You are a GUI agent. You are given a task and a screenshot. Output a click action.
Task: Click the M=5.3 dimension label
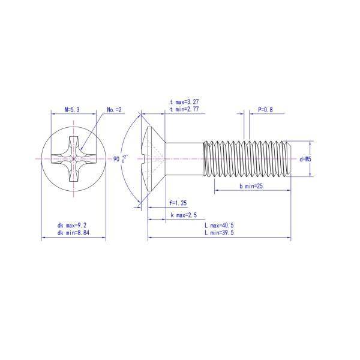click(x=72, y=110)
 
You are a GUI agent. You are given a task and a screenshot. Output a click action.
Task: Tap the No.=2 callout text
click(x=114, y=110)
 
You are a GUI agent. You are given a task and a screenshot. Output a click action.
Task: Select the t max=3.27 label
click(x=184, y=102)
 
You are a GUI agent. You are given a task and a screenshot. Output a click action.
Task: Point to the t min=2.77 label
click(x=184, y=109)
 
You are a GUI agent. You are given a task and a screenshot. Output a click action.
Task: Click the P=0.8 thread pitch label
click(x=265, y=110)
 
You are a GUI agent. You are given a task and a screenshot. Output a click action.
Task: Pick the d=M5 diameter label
click(x=305, y=159)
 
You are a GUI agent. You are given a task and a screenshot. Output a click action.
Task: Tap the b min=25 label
click(x=251, y=186)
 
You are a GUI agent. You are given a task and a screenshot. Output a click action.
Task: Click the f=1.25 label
click(x=178, y=203)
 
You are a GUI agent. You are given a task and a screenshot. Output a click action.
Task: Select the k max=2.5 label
click(x=184, y=215)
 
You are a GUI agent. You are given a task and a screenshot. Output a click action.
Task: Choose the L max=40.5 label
click(x=219, y=225)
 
